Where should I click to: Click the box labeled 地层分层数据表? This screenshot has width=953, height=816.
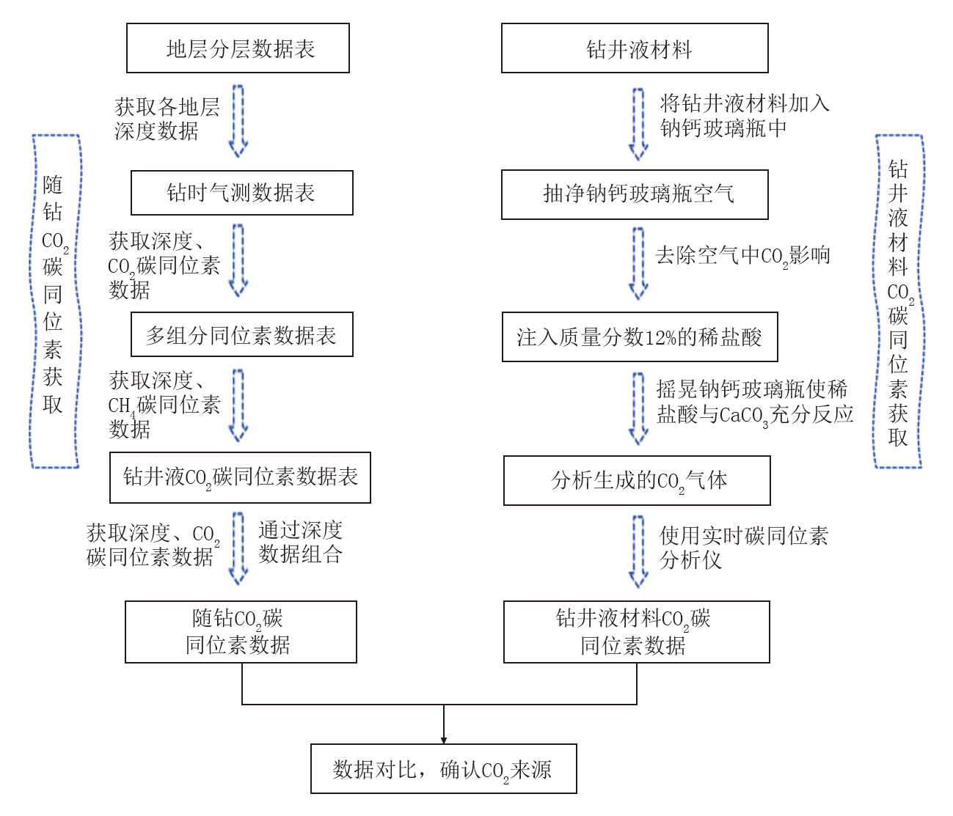click(238, 48)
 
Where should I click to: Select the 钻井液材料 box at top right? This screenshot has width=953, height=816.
click(635, 48)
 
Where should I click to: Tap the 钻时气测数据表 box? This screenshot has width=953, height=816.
click(241, 193)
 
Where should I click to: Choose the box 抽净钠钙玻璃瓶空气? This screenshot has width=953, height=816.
click(635, 194)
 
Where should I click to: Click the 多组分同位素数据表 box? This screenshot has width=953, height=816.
click(241, 335)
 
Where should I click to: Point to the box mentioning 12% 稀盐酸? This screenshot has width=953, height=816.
click(640, 337)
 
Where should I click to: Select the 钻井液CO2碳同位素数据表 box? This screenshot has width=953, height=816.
click(240, 477)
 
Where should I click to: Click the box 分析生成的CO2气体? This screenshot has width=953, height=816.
click(637, 481)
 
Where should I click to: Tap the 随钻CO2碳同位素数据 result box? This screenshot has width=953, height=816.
click(241, 632)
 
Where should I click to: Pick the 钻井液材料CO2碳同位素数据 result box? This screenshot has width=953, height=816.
click(636, 632)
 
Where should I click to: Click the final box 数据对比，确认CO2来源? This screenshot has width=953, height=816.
click(443, 769)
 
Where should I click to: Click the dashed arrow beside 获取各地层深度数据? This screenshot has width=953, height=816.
click(238, 121)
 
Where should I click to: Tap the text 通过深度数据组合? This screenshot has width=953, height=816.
click(300, 542)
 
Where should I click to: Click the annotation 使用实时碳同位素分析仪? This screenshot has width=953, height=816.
click(742, 548)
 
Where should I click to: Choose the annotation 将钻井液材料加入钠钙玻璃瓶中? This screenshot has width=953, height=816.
click(744, 116)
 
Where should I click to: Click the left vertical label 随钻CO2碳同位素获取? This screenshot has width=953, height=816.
click(54, 301)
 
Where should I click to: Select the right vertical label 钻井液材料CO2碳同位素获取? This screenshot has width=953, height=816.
click(899, 301)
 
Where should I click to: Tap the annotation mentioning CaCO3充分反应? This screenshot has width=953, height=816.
click(754, 402)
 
